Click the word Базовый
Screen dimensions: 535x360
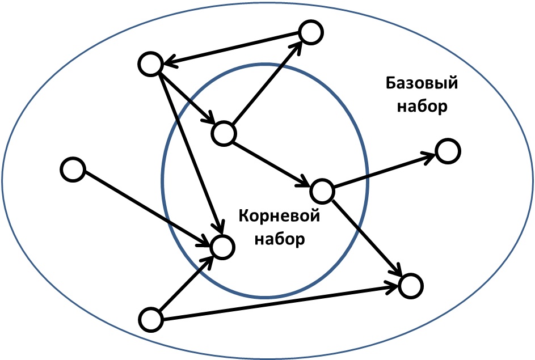tap(422, 83)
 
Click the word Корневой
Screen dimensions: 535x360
tap(279, 216)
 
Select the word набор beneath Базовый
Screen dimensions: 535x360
tap(422, 107)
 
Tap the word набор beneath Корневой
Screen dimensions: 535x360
tap(280, 239)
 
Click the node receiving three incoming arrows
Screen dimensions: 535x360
tap(222, 247)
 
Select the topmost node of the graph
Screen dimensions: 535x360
tap(310, 32)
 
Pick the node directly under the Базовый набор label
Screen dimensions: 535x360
tap(448, 151)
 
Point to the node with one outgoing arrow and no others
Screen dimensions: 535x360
tap(73, 170)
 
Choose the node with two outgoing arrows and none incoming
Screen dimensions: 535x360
tap(150, 319)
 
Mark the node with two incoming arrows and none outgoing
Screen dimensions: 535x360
tap(411, 286)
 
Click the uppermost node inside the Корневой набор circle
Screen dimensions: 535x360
tap(224, 133)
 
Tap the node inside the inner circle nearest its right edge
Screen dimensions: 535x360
tap(322, 191)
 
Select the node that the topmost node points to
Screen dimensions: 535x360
tap(150, 64)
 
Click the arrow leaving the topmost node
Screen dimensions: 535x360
tap(231, 48)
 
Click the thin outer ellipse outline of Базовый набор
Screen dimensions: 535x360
tap(268, 2)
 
